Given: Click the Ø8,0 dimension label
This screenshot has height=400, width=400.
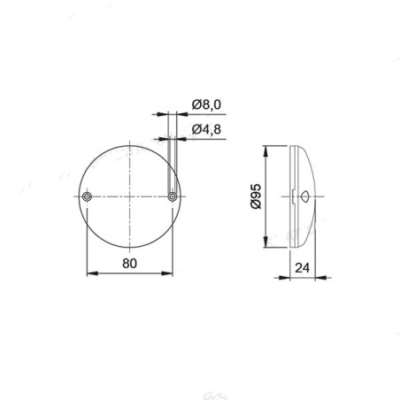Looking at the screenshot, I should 206,107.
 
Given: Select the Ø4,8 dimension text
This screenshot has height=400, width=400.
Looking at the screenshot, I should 206,131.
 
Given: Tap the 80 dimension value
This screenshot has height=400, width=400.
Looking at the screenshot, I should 128,263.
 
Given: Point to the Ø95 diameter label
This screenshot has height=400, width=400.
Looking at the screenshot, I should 255,196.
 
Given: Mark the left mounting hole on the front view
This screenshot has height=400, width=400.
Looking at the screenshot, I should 87,196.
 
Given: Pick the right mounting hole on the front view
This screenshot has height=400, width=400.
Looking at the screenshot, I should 172,196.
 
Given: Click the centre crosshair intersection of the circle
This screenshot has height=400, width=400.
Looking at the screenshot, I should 129,196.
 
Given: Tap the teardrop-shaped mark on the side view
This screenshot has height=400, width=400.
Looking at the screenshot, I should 304,196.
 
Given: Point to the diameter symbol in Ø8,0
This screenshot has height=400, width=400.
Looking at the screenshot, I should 196,107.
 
